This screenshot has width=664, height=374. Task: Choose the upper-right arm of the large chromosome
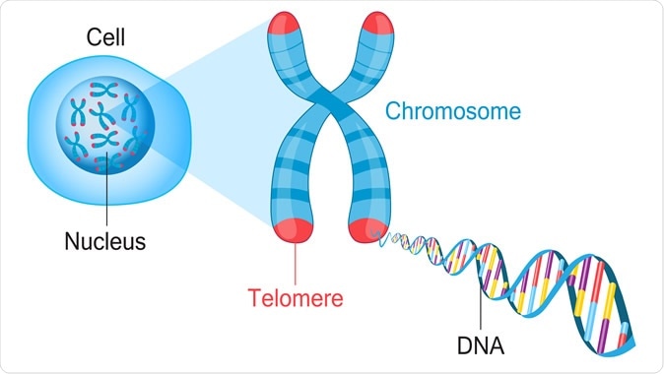[x=368, y=74]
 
